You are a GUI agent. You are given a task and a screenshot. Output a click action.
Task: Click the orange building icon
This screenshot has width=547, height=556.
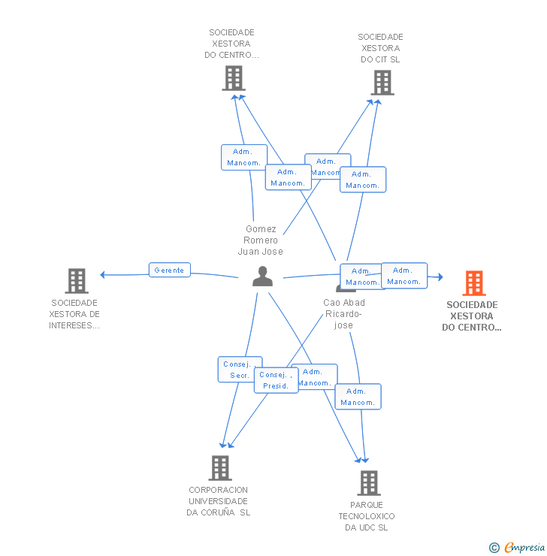pyautogui.click(x=473, y=283)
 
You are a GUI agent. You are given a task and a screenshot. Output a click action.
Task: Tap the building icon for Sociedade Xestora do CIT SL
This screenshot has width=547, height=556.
pyautogui.click(x=382, y=83)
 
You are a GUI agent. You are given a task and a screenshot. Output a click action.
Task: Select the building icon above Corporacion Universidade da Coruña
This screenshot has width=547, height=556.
pyautogui.click(x=219, y=467)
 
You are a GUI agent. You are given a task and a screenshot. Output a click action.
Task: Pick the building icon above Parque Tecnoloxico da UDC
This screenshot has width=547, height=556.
pyautogui.click(x=368, y=483)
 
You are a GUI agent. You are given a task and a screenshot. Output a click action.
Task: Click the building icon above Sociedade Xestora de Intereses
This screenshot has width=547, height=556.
pyautogui.click(x=77, y=280)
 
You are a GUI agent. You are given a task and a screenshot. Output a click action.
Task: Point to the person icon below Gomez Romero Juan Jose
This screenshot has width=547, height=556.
pyautogui.click(x=262, y=276)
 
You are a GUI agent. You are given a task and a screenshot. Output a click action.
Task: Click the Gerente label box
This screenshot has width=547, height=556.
pyautogui.click(x=170, y=270)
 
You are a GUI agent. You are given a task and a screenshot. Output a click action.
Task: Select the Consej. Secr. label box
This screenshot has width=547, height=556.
pyautogui.click(x=240, y=369)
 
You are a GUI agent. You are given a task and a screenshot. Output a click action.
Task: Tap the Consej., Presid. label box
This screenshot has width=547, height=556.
pyautogui.click(x=276, y=380)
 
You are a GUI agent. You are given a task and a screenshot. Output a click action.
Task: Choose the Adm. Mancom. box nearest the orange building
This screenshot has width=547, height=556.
pyautogui.click(x=404, y=276)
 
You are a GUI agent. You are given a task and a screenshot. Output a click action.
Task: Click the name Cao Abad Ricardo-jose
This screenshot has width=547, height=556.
pyautogui.click(x=344, y=313)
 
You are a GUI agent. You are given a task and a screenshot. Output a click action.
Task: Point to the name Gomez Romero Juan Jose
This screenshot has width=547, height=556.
pyautogui.click(x=261, y=240)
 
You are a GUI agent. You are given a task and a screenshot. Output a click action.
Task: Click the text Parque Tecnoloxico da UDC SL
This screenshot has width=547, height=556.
pyautogui.click(x=367, y=516)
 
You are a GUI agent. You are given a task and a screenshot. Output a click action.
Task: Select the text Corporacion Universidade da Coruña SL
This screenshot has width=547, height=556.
pyautogui.click(x=219, y=501)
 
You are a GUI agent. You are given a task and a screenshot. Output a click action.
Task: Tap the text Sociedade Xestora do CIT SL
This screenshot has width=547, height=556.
pyautogui.click(x=380, y=48)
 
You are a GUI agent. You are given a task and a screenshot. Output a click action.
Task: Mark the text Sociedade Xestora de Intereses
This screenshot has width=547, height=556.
pyautogui.click(x=74, y=314)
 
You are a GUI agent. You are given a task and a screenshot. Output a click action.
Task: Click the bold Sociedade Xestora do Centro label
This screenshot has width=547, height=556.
pyautogui.click(x=472, y=316)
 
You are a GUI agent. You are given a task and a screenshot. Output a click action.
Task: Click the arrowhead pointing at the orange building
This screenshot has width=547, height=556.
pyautogui.click(x=440, y=277)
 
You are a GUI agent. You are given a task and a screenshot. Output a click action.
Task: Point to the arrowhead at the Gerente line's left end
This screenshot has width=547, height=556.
pyautogui.click(x=103, y=274)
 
